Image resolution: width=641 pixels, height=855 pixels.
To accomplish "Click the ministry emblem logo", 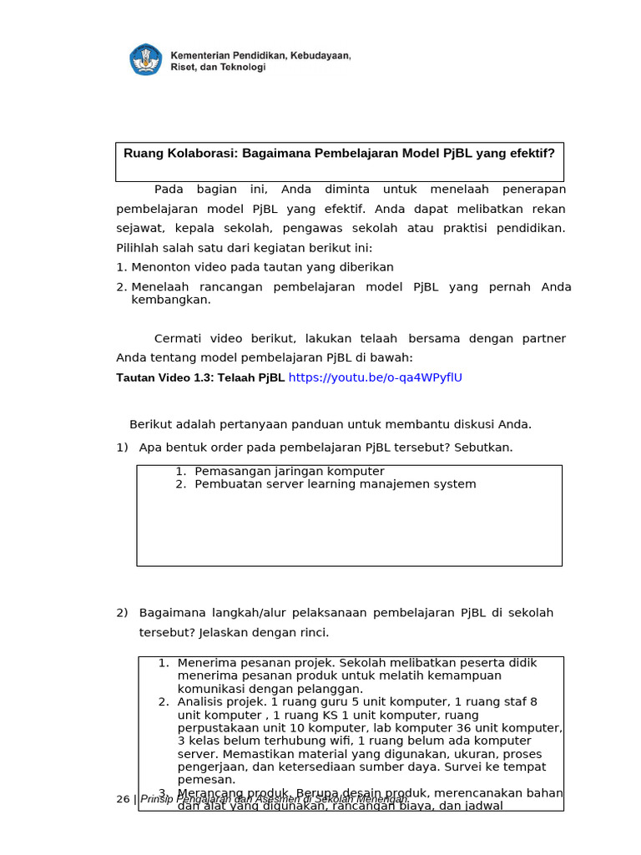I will tap(147, 59).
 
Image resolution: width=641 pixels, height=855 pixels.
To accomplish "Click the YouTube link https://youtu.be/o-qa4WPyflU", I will tap(375, 377).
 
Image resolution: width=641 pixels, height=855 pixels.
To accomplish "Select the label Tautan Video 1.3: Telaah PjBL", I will tap(200, 377).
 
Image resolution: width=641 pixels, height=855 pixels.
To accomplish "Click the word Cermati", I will tap(179, 338).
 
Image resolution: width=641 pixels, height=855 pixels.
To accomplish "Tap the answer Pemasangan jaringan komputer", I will tap(289, 471).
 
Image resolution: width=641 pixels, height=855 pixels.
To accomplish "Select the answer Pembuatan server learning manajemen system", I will tap(335, 484).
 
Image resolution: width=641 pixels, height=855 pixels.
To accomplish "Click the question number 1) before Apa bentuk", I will tap(122, 448).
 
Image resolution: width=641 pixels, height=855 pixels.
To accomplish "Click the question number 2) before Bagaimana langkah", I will tap(122, 613).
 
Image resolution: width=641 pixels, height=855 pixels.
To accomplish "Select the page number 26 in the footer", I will tap(123, 799).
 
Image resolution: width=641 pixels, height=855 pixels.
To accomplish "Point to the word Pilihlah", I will tap(137, 248).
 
